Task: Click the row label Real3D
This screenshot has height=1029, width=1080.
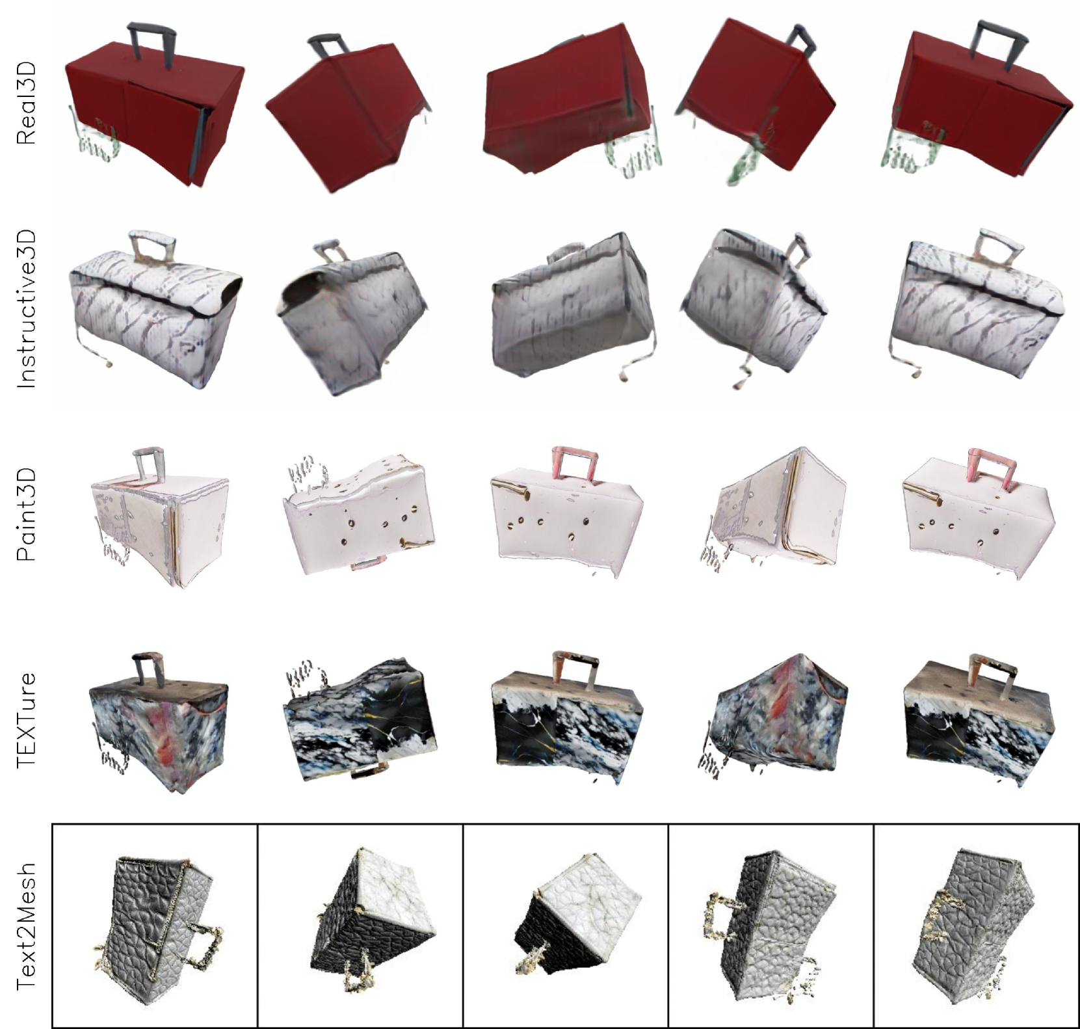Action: point(26,103)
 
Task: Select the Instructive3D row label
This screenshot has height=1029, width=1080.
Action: point(26,308)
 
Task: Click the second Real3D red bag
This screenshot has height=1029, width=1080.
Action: point(349,114)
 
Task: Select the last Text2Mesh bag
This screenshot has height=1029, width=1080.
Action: point(975,924)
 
